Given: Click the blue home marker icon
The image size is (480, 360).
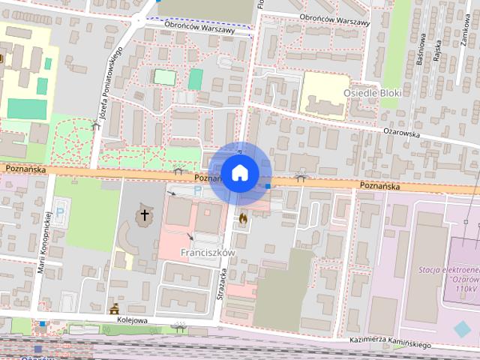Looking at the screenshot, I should tap(239, 173).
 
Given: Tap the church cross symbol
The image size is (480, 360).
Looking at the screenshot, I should tap(143, 216).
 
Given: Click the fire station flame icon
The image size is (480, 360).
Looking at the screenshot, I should tap(243, 218).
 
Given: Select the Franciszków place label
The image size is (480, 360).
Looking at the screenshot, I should tap(208, 253).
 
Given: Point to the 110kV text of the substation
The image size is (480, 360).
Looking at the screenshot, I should tap(466, 288).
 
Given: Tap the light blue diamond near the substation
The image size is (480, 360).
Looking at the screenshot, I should tap(463, 328).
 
